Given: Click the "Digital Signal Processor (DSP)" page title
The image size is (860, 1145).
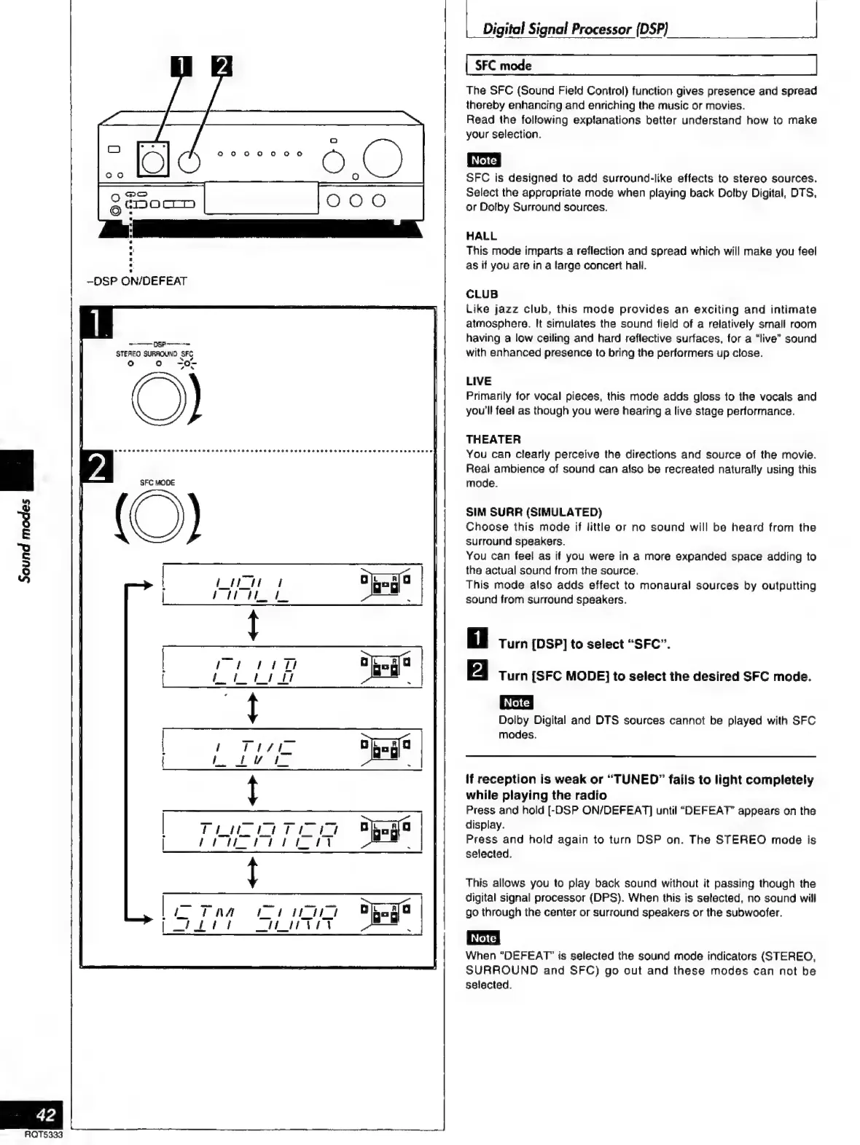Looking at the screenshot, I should pyautogui.click(x=576, y=29).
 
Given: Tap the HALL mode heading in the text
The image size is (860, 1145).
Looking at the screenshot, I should pyautogui.click(x=481, y=236).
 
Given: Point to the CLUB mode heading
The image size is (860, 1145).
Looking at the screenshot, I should pyautogui.click(x=482, y=294).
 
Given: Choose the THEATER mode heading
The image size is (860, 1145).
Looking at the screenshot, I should pyautogui.click(x=493, y=439).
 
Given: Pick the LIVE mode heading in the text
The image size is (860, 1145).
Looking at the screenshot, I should pyautogui.click(x=479, y=381).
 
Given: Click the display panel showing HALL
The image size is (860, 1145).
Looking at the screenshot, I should pyautogui.click(x=292, y=585).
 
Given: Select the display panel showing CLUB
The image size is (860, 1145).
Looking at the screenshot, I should pyautogui.click(x=292, y=667).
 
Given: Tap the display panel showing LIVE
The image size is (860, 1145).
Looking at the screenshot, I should pyautogui.click(x=292, y=749).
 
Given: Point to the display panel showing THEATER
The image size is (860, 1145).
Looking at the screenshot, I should pyautogui.click(x=292, y=831).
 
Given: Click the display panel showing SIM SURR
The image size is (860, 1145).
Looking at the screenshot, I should pyautogui.click(x=292, y=914).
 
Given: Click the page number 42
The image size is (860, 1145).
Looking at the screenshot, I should pyautogui.click(x=45, y=1114).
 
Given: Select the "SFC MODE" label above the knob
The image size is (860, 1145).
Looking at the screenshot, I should pyautogui.click(x=157, y=483).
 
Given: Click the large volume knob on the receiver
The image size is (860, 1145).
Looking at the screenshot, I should pyautogui.click(x=383, y=157).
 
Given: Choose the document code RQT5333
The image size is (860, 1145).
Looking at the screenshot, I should pyautogui.click(x=44, y=1135).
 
